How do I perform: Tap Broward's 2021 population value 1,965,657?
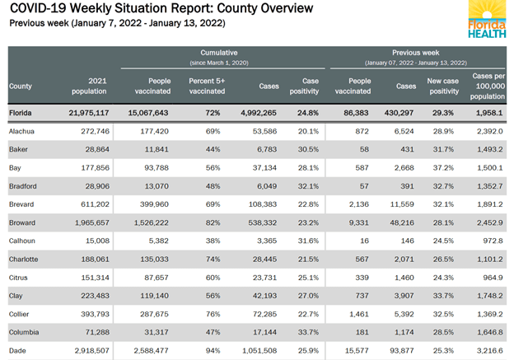coord(88,222)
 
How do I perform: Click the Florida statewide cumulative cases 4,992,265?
coord(257,112)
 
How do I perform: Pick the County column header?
coord(21,86)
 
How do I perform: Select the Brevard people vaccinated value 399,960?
coord(150,204)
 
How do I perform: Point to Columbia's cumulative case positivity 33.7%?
coord(307,333)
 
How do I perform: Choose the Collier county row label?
coord(21,314)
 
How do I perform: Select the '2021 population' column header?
coord(91,86)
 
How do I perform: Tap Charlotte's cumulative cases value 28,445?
coord(262,259)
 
